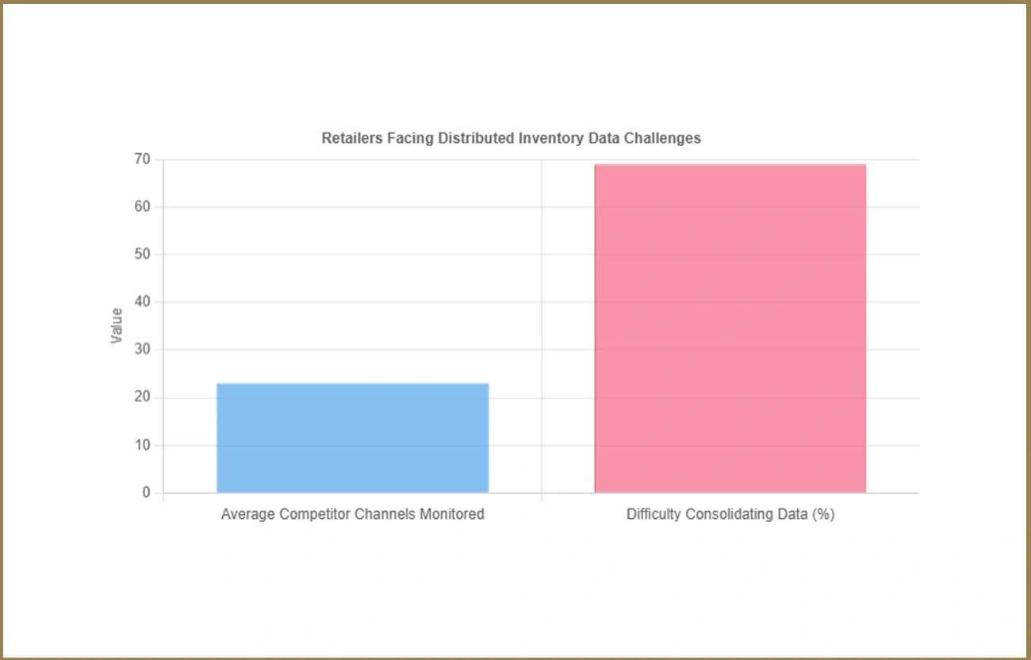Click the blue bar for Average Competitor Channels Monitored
point(352,438)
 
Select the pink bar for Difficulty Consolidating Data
point(730,328)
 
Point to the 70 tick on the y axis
point(142,159)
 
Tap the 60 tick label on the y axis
point(142,207)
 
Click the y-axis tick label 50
point(142,255)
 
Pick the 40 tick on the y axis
point(142,302)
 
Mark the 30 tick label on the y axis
point(142,350)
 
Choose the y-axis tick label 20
point(142,397)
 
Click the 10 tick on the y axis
point(142,445)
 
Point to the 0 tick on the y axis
point(146,493)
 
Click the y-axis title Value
point(117,325)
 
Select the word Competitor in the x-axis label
point(312,514)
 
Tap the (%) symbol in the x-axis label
point(822,514)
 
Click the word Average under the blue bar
point(247,514)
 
